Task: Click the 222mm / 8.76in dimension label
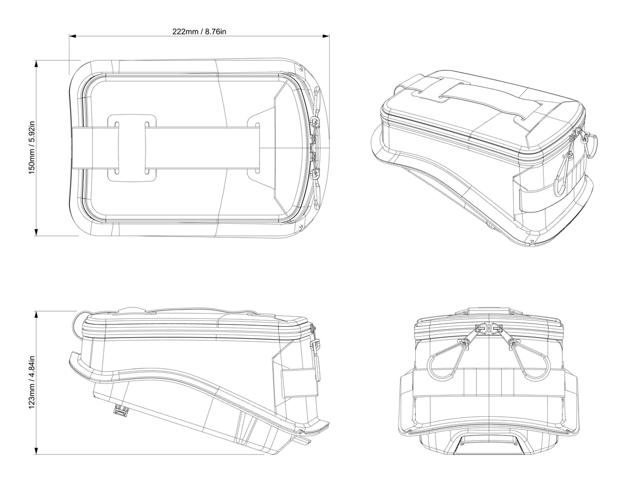pos(199,31)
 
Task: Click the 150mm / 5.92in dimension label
pos(32,147)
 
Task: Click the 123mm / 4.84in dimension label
pos(32,382)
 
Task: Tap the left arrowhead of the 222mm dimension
pos(73,36)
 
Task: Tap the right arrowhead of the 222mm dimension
pos(326,36)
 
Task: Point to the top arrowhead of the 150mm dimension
pos(37,64)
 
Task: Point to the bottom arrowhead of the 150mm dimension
pos(37,232)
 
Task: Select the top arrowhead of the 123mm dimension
pos(37,314)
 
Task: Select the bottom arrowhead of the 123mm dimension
pos(37,451)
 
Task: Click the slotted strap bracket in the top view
pos(132,148)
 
